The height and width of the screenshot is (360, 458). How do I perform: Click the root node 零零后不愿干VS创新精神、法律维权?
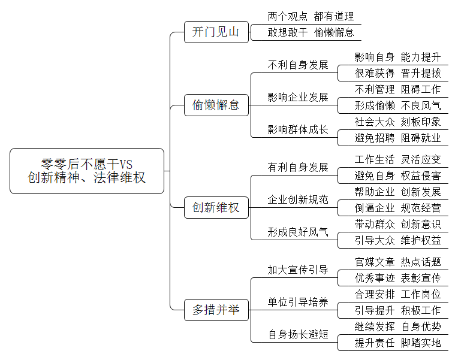click(x=87, y=171)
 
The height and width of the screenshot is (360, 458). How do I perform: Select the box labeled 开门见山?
click(x=216, y=32)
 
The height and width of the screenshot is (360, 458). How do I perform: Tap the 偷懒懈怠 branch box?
click(x=216, y=105)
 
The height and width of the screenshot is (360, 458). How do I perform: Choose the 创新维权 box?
click(x=216, y=208)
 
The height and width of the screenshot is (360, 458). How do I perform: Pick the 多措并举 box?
click(x=216, y=310)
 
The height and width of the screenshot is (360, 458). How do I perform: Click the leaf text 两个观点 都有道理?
click(x=311, y=16)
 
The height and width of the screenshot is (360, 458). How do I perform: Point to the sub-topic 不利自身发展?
click(x=298, y=65)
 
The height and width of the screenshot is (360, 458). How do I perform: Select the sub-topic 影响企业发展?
click(x=298, y=97)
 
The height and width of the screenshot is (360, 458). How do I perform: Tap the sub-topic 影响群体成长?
click(x=298, y=129)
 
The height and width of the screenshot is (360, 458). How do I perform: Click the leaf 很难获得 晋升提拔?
click(x=397, y=73)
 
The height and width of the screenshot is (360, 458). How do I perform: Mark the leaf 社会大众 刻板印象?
click(x=397, y=122)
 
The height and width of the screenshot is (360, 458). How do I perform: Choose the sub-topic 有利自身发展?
click(x=298, y=167)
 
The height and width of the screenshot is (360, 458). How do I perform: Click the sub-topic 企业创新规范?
click(x=298, y=199)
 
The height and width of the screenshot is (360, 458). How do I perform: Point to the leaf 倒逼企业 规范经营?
click(x=397, y=208)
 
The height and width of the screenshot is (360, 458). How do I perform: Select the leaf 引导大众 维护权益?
click(x=397, y=240)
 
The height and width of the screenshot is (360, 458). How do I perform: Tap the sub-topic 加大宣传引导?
click(x=298, y=270)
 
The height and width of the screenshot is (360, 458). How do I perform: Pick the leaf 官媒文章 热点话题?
click(x=397, y=262)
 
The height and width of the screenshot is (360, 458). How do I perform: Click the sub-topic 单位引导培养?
click(x=298, y=302)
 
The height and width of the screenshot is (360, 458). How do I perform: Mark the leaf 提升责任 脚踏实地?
click(x=397, y=343)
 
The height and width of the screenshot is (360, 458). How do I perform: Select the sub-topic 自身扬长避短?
click(x=298, y=334)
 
